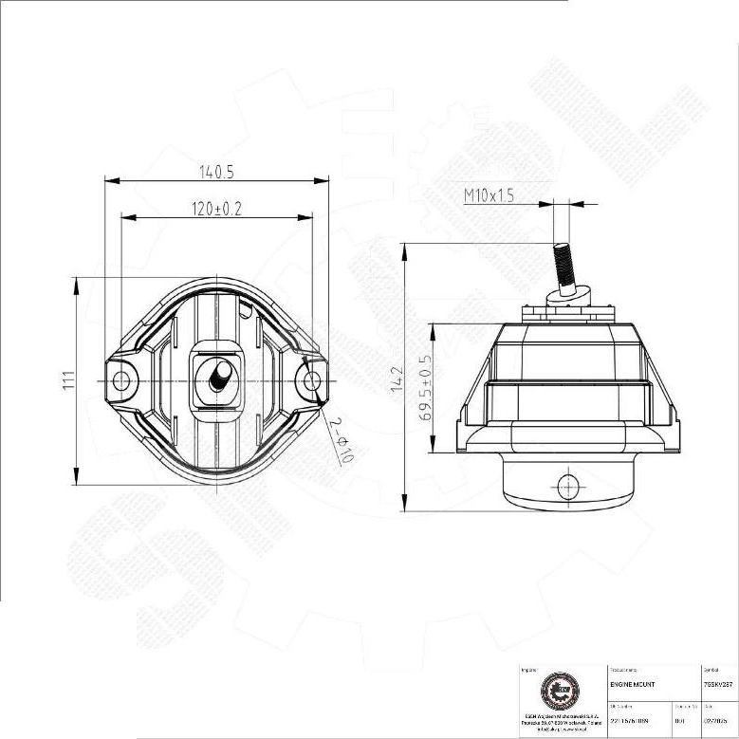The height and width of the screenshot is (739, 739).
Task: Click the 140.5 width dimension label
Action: [x=216, y=172]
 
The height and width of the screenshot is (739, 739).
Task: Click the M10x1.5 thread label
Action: [x=489, y=195]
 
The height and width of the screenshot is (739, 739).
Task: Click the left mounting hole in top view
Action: [x=120, y=380]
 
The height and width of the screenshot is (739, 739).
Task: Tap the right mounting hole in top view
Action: [x=312, y=380]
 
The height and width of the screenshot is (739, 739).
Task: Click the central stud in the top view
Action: [x=217, y=377]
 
